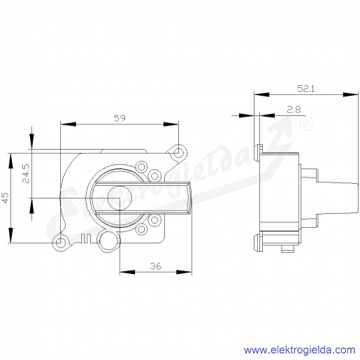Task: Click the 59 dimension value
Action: point(120,118)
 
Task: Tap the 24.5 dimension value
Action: point(26,173)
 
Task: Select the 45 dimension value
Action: point(5,198)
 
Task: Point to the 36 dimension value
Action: point(155,266)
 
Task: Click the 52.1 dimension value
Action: point(306,89)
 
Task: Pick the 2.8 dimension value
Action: point(294,110)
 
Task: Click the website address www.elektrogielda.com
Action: point(299,350)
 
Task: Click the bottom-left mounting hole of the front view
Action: point(60,243)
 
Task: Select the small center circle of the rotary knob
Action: point(120,198)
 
